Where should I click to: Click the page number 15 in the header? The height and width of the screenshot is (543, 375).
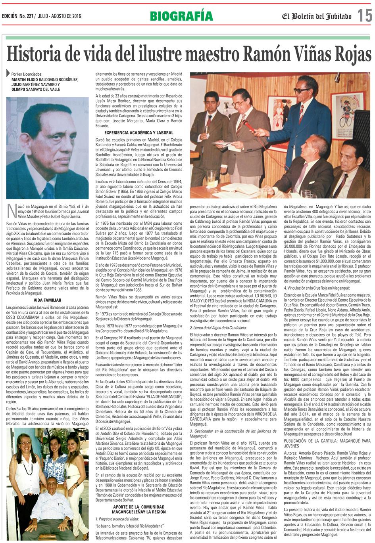click(x=364, y=16)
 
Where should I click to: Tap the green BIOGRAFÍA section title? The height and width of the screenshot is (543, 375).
click(x=181, y=16)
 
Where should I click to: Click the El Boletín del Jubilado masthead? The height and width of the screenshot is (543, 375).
click(x=317, y=16)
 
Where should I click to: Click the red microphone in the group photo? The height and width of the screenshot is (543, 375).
click(x=250, y=126)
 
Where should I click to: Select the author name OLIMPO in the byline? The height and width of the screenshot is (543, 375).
click(x=20, y=89)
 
